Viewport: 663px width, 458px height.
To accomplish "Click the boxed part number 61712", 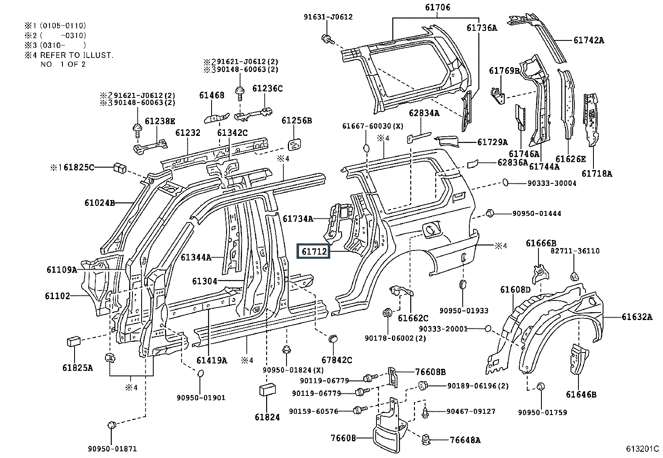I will point(313,252).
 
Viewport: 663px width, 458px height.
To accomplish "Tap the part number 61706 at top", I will point(437,8).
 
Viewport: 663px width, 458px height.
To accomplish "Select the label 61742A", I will point(588,40).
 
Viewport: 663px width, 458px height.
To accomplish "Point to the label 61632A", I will point(637,317).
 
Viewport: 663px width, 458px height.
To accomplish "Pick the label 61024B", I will point(99,203).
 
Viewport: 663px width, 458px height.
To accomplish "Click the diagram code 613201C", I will point(641,449).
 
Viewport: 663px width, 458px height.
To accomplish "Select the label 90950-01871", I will point(112,449).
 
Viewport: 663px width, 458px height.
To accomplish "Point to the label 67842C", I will point(336,360).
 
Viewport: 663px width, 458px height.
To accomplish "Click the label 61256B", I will point(297,121).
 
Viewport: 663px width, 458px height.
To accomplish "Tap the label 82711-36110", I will point(575,251).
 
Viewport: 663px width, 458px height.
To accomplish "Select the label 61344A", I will point(196,258).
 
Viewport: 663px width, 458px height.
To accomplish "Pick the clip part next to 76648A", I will point(426,438).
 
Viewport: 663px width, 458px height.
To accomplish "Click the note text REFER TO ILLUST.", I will point(77,55).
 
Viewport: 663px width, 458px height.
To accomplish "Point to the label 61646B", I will point(581,394).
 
